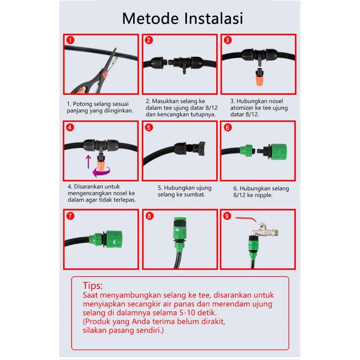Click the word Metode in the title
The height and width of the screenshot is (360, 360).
(150, 18)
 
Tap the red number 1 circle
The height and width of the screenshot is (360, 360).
(70, 40)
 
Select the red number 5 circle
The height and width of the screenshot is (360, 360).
(149, 127)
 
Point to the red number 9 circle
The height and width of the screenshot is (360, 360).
(227, 216)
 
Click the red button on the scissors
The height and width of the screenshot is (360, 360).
(105, 74)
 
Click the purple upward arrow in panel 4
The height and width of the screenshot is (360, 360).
(88, 162)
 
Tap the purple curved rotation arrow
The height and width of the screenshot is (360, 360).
(101, 172)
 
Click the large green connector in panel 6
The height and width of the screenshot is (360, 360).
(278, 152)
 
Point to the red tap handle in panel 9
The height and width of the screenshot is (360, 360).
(246, 219)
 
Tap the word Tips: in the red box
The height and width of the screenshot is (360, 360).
(93, 286)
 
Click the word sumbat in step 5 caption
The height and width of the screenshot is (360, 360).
(197, 194)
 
